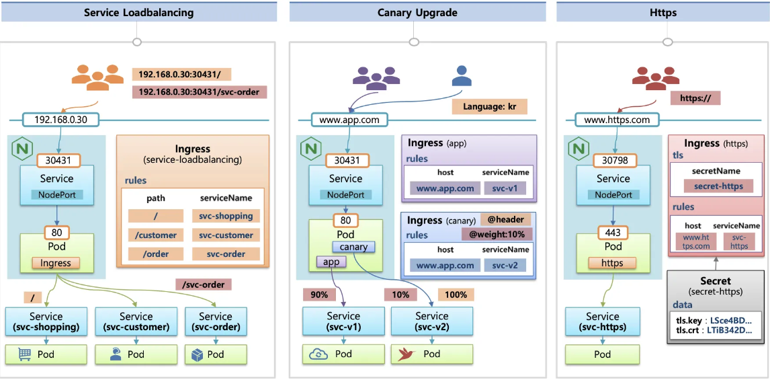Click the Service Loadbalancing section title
pos(138,12)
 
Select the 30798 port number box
pos(613,161)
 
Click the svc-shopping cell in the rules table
pos(226,216)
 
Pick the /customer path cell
pos(155,235)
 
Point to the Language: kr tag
pos(489,106)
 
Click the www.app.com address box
pos(349,120)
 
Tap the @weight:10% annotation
pos(497,233)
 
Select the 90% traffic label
pos(319,294)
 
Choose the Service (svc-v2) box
pos(431,321)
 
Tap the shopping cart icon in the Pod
pos(25,354)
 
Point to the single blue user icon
pos(462,77)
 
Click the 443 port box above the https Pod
pos(613,232)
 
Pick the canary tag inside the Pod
pos(353,247)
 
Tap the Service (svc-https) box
pos(602,321)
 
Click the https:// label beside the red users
pos(695,98)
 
